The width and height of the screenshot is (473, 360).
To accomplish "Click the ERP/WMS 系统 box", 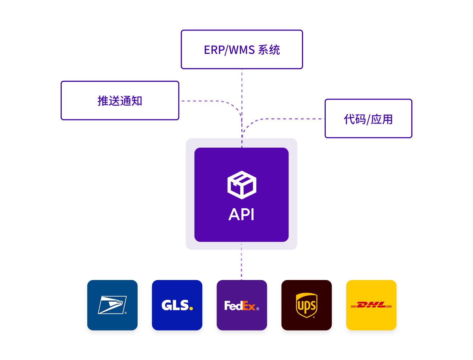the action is coord(242,49).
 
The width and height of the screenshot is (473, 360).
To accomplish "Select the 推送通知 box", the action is coord(120,100).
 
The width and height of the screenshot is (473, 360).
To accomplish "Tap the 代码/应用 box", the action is coord(368,118).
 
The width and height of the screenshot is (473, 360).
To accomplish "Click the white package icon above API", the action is coord(242,185).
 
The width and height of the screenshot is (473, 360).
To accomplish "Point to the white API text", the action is coord(241,214).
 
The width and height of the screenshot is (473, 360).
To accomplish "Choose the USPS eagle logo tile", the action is coord(112,305).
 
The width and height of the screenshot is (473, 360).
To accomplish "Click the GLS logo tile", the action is coord(177,305).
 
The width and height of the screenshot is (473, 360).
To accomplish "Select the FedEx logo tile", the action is coord(242,305).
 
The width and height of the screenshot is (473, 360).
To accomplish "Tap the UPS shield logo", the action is coord(306,305).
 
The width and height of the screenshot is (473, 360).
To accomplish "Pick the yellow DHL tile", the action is coord(371,305).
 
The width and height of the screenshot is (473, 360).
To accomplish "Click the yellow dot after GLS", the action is coord(191,308).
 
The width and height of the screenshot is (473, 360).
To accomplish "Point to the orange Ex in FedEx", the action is coord(249,305).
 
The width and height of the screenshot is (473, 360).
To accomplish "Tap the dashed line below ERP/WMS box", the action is coord(242,108).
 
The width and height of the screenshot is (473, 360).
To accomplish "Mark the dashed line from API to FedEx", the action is coord(241,261).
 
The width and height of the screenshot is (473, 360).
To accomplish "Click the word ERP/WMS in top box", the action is coord(229,50).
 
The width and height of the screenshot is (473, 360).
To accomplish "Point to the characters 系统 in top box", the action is coord(269,50).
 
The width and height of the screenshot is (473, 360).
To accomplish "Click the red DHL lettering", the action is coord(371,305).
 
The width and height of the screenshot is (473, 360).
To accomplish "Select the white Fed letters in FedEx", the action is coord(234,305).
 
